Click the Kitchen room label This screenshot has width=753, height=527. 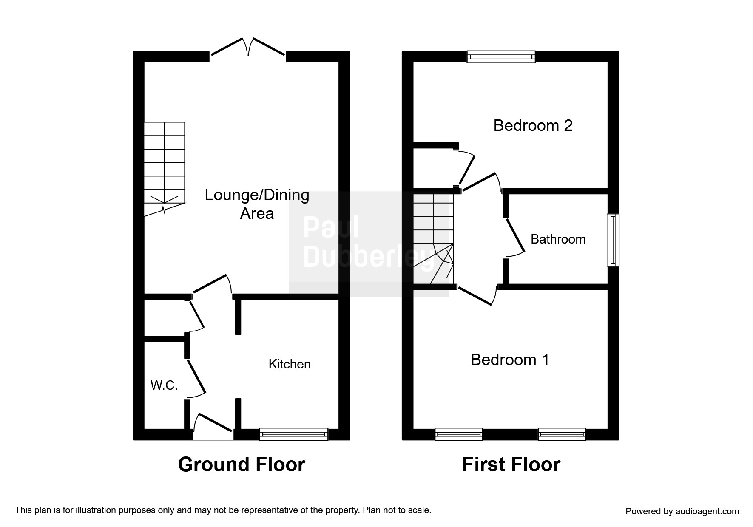[x=290, y=364]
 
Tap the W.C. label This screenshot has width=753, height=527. [x=164, y=385]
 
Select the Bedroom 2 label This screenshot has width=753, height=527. [x=533, y=125]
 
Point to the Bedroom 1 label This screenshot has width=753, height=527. [x=510, y=360]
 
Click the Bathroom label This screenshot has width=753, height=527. [x=558, y=239]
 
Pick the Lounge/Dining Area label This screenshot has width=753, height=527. [x=257, y=204]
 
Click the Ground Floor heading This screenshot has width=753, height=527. [x=242, y=465]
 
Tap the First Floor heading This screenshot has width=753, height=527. [x=511, y=465]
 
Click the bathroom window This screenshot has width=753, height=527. [x=613, y=240]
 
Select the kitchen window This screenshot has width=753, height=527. [x=293, y=434]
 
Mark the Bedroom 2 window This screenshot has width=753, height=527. [x=501, y=57]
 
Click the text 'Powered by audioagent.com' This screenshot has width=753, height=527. [x=682, y=511]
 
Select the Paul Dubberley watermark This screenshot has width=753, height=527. [x=369, y=244]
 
